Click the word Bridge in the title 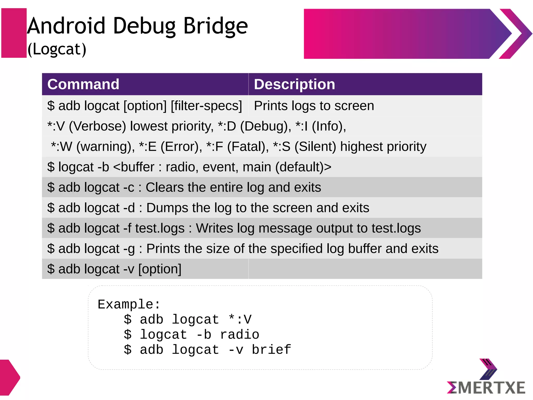pos(215,26)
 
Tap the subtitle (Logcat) pos(57,49)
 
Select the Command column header pos(83,84)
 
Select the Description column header pos(294,84)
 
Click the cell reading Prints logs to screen pos(314,106)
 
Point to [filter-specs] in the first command pos(206,106)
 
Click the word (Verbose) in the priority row pos(98,126)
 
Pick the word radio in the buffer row pos(180,167)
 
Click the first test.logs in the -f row pos(160,228)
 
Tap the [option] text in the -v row pos(160,269)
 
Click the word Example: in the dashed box pos(129,304)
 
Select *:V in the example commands pos(240,319)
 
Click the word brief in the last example pos(271,349)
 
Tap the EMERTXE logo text pos(486,387)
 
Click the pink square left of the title pos(14,33)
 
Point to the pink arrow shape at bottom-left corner pos(9,377)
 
